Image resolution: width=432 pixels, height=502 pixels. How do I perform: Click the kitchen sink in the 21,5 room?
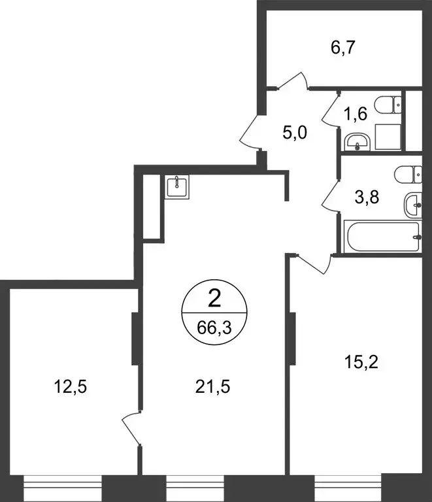[176, 187]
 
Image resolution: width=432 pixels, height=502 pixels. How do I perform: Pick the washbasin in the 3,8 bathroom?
[414, 206]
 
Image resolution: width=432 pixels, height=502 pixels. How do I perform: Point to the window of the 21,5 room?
[195, 487]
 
